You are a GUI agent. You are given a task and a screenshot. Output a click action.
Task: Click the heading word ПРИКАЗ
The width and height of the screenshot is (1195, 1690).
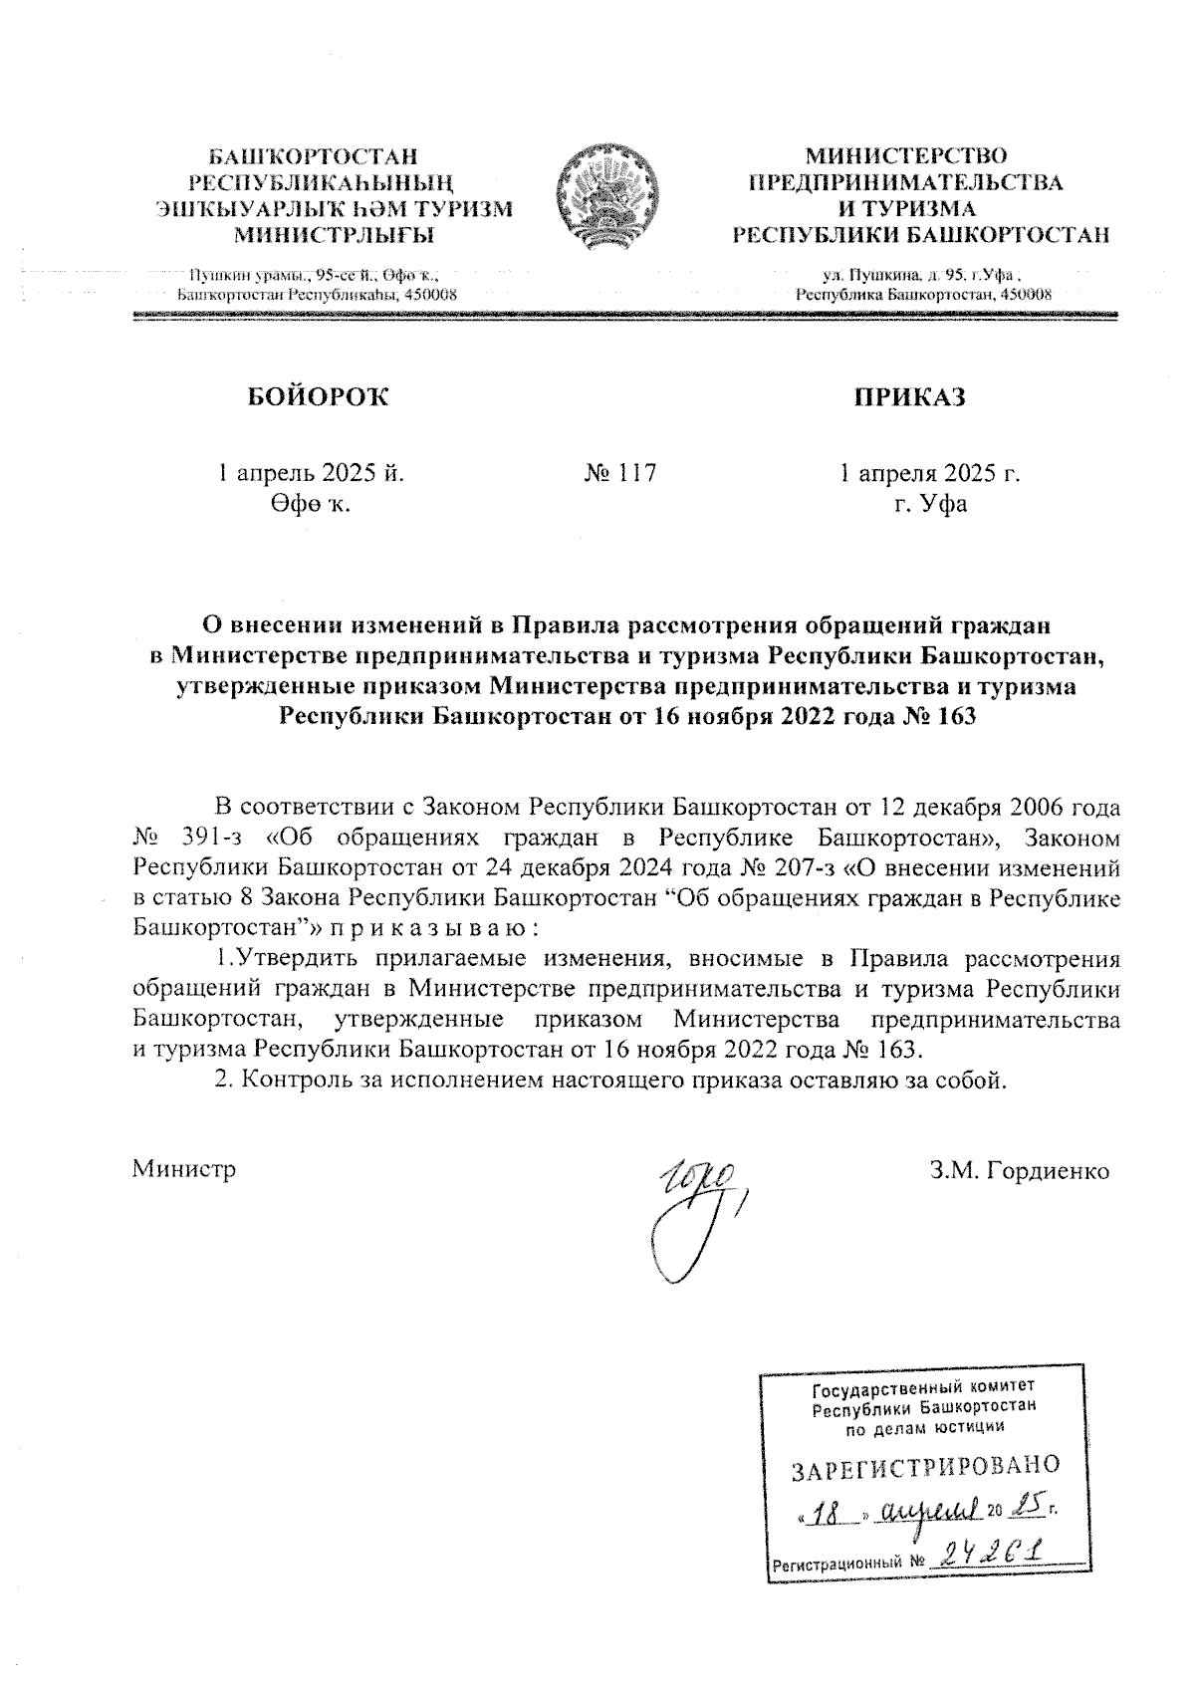[908, 397]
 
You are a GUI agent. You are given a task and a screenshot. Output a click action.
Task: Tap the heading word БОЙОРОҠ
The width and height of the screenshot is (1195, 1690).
[317, 397]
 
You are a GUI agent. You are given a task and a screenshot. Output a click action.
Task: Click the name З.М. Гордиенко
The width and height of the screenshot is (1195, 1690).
[1020, 1171]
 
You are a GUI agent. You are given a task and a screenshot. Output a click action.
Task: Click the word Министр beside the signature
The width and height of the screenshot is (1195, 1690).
[184, 1170]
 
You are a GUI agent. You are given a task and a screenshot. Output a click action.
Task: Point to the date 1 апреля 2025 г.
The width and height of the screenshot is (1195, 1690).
[930, 473]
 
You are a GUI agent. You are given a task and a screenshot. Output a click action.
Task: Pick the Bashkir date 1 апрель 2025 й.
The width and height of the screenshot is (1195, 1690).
[312, 473]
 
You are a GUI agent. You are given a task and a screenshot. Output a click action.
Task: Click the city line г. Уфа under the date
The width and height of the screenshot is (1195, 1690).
[930, 504]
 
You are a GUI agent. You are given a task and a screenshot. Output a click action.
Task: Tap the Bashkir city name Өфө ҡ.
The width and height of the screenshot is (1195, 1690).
[308, 504]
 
